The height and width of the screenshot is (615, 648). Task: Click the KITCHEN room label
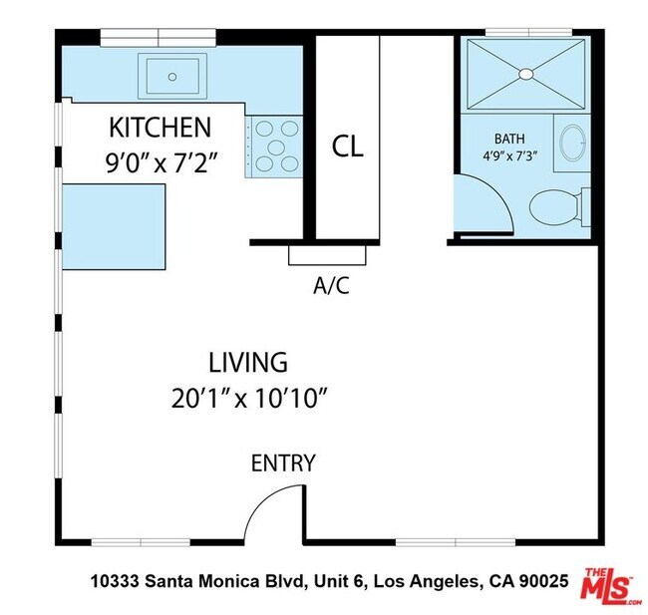pos(160,128)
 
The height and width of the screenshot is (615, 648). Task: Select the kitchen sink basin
pos(172,75)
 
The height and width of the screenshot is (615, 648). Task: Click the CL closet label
pos(348,148)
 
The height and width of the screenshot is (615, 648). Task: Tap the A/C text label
pos(331,286)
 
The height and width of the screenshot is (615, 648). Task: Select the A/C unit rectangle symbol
pos(327,254)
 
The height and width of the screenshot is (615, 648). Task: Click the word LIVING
pos(248,362)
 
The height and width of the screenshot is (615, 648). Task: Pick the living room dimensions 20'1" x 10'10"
pos(249,399)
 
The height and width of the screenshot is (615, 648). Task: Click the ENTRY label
pos(283,462)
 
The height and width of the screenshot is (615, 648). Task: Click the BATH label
pos(508,139)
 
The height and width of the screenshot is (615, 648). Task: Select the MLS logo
pos(609,585)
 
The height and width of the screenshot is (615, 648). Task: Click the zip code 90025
pos(541,580)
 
